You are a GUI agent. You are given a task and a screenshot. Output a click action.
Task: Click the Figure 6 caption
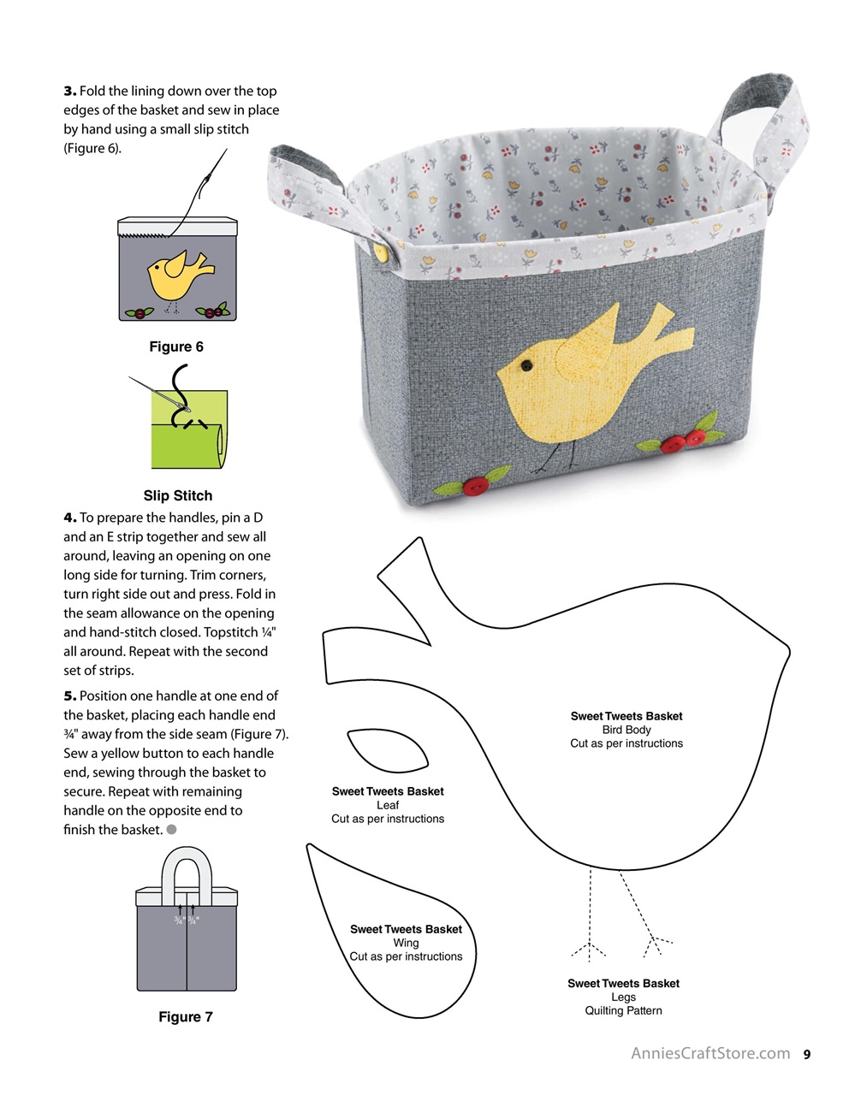click(x=176, y=346)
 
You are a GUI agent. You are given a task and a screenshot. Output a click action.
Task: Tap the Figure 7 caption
click(x=186, y=1016)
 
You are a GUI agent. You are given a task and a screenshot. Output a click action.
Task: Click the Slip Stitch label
click(x=178, y=495)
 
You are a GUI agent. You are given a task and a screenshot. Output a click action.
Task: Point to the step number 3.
click(x=69, y=91)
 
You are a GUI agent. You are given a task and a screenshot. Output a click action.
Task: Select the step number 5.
click(x=69, y=695)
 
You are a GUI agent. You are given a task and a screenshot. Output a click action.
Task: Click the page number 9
click(x=806, y=1055)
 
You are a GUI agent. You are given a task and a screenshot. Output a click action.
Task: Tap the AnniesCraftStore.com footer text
click(x=710, y=1054)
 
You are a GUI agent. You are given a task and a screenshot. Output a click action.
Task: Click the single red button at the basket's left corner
click(x=476, y=487)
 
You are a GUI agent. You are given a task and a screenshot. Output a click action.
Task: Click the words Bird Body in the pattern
click(x=626, y=730)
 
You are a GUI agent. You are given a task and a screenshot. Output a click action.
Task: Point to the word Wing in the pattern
click(x=406, y=943)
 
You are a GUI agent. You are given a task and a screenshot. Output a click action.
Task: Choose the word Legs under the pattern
click(x=623, y=997)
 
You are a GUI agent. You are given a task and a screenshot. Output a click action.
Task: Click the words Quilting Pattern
click(x=623, y=1010)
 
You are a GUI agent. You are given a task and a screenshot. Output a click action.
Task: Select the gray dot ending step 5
click(x=172, y=829)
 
